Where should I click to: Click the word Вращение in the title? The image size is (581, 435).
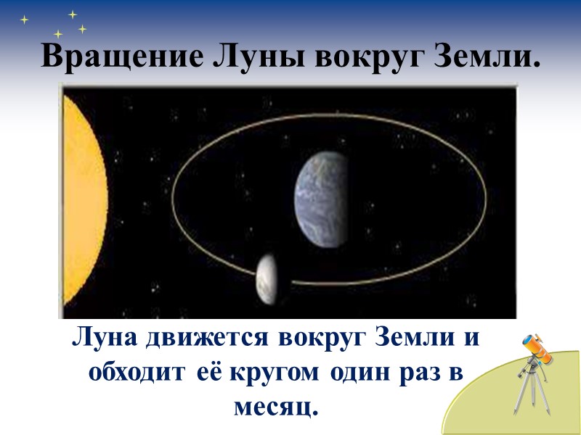pos(119,57)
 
